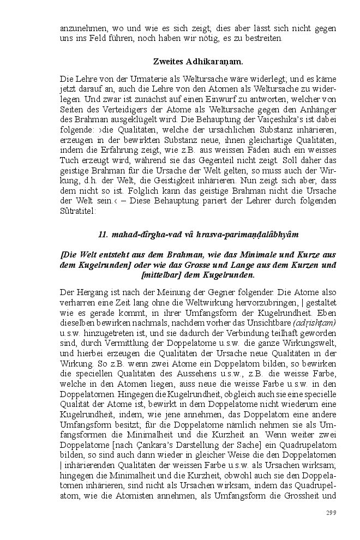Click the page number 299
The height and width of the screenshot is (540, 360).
[x=331, y=512]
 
